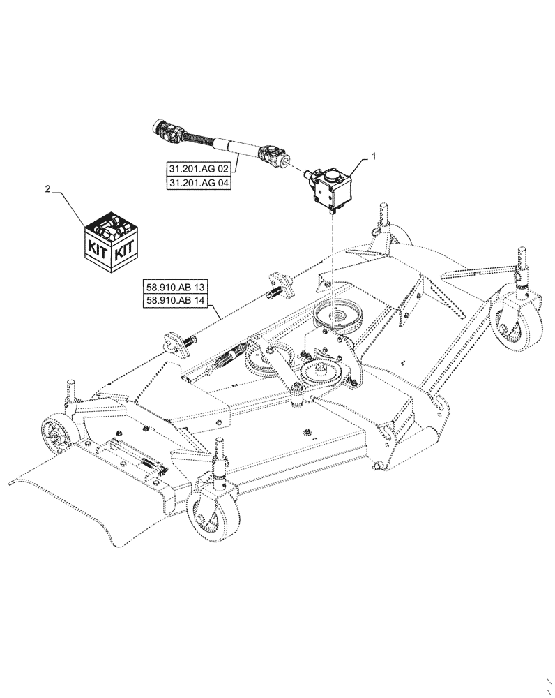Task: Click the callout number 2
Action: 47,188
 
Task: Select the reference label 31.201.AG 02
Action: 199,168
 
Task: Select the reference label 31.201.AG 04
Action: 199,183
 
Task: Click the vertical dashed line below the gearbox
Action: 333,258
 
